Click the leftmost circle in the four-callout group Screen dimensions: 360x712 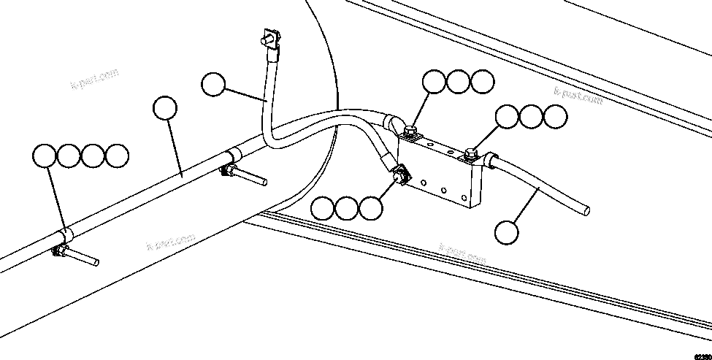pyautogui.click(x=46, y=155)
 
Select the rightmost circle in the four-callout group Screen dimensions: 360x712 pyautogui.click(x=117, y=155)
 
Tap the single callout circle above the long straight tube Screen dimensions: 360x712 pyautogui.click(x=165, y=108)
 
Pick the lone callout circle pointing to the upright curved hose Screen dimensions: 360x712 pyautogui.click(x=213, y=85)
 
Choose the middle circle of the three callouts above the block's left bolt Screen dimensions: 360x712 pyautogui.click(x=459, y=82)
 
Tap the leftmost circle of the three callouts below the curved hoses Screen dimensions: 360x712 pyautogui.click(x=324, y=209)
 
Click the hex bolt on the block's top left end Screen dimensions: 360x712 pyautogui.click(x=410, y=131)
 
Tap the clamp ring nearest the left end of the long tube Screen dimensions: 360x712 pyautogui.click(x=65, y=234)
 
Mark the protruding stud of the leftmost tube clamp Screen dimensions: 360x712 pyautogui.click(x=85, y=259)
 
